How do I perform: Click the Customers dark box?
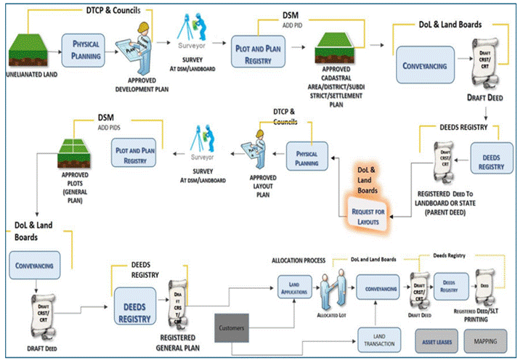click(235, 329)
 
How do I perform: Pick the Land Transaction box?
click(380, 338)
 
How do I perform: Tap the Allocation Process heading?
click(297, 259)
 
